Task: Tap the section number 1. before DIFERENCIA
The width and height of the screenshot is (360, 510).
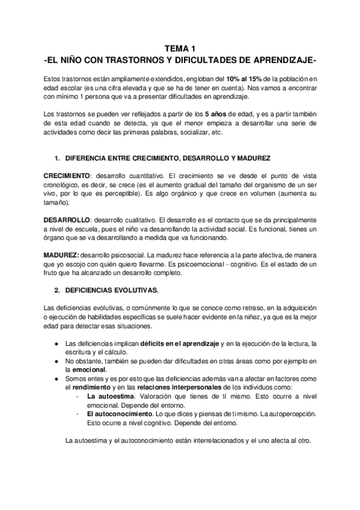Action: click(57, 158)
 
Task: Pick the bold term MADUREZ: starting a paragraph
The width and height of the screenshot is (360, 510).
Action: click(66, 239)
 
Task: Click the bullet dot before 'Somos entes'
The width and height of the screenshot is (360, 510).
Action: click(56, 379)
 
